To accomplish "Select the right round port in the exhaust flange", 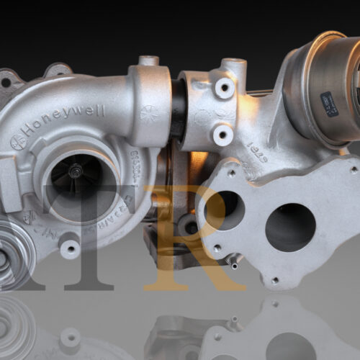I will [x=289, y=227].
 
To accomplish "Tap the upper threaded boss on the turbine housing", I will [x=225, y=87].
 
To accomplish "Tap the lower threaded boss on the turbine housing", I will [x=224, y=134].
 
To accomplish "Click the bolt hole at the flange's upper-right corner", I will [x=354, y=169].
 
